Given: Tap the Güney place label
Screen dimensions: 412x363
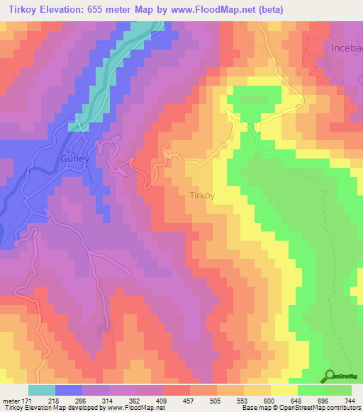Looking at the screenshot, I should [74, 159].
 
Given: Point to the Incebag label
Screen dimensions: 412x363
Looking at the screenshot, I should [346, 47].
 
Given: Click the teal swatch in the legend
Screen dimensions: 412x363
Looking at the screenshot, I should [42, 390].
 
